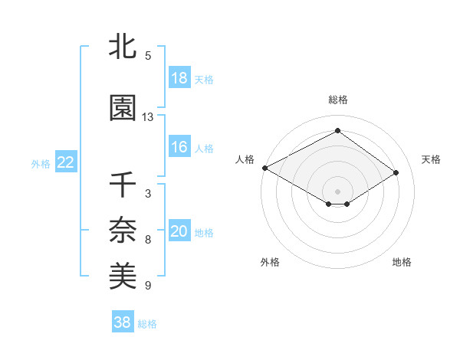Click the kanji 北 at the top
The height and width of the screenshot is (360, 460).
point(123,47)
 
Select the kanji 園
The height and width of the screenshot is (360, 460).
point(123,108)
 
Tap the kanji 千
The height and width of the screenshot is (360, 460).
point(123,186)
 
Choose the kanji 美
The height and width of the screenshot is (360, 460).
point(123,273)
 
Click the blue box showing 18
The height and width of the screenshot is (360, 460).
point(179,78)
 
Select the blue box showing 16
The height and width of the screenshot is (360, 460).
point(179,148)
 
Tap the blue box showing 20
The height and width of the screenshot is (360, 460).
point(179,232)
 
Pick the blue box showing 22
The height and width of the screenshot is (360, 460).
point(66,162)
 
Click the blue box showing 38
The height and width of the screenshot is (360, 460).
point(123,322)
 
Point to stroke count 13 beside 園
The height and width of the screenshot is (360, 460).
point(148,117)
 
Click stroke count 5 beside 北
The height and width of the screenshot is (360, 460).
point(148,56)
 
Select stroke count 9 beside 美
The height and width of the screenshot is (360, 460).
point(148,286)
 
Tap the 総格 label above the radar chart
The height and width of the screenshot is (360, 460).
point(337,100)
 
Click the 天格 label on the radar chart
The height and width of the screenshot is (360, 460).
point(431,159)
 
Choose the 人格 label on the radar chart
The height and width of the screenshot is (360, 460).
point(245,159)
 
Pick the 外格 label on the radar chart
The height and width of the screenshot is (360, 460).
point(270,263)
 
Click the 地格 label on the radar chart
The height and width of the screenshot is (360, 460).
point(402,263)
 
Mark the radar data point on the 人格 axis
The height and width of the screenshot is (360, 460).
point(264,167)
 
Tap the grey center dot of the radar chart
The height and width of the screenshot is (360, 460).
point(337,191)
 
